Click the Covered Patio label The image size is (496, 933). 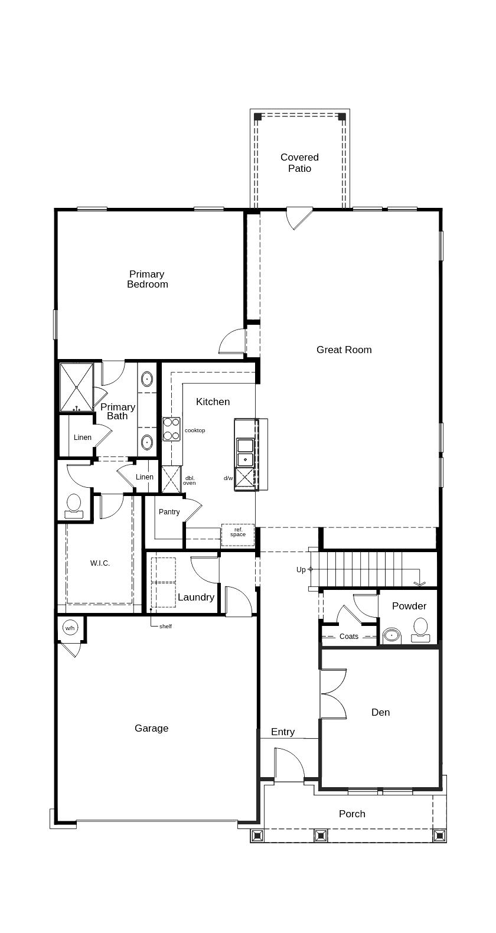point(299,163)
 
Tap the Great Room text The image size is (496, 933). point(344,350)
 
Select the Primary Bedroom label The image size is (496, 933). point(147,279)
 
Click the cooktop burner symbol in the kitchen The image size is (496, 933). point(171,429)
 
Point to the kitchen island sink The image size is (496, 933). point(245,452)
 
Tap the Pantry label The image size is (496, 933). point(169,512)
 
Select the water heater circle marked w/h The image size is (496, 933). point(70,628)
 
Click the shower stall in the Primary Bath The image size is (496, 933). point(77,387)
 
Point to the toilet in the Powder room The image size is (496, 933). point(420,629)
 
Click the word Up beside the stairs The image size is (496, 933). point(301,570)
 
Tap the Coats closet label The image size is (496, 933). point(348,637)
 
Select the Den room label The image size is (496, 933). point(380,712)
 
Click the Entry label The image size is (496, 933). point(282,732)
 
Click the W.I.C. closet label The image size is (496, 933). point(100,563)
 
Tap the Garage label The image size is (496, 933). point(151,728)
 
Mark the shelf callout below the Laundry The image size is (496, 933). point(165,626)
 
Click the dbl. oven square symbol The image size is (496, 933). point(171,479)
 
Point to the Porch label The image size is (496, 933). point(352,814)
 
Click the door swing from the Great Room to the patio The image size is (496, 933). point(299,218)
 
